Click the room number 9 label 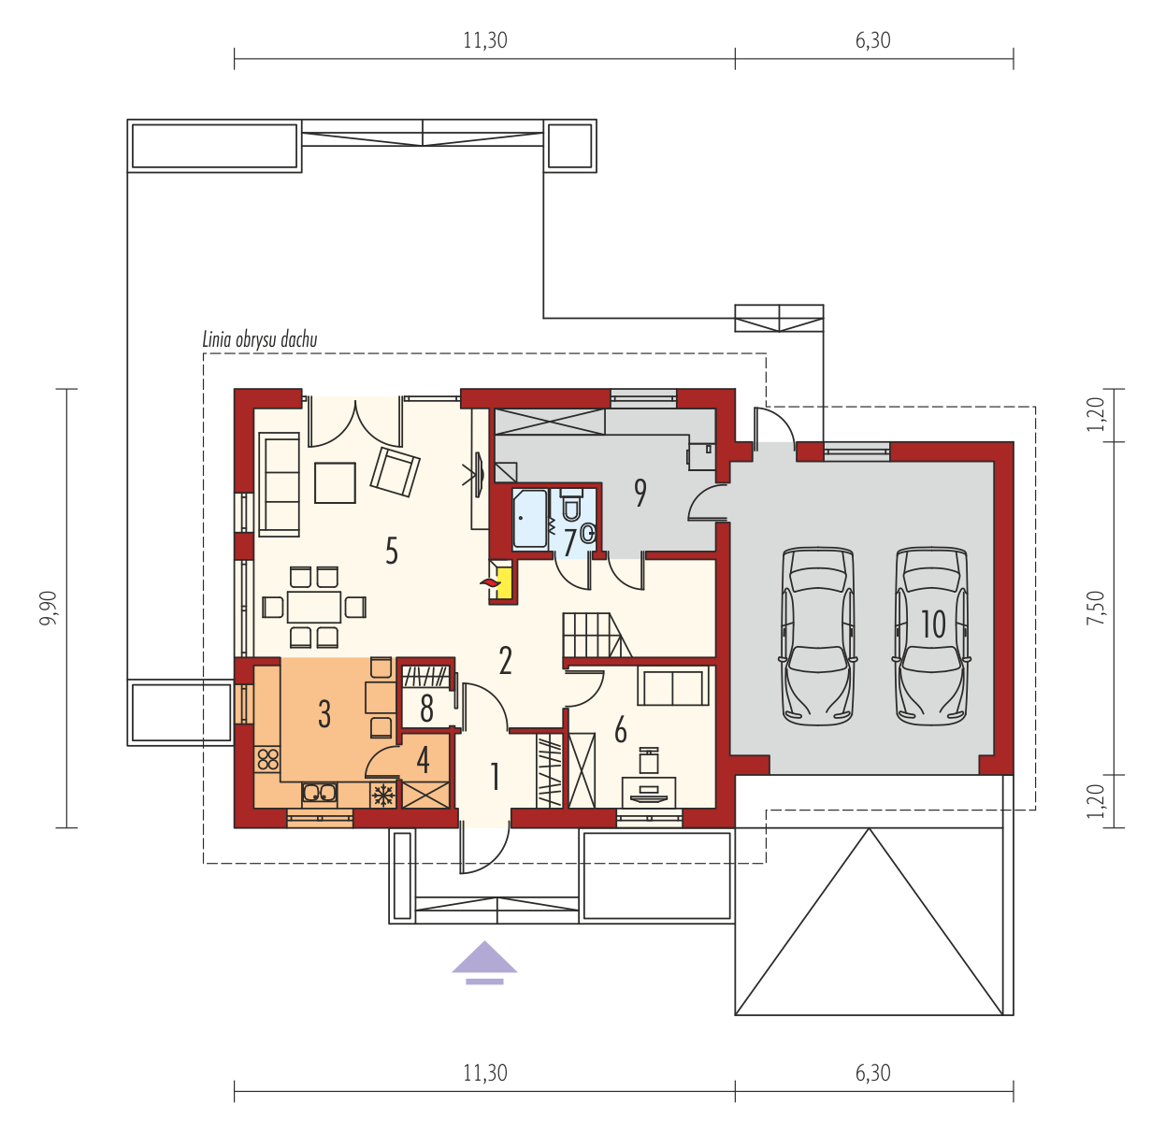click(640, 494)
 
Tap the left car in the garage click(818, 637)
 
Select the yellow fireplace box click(503, 583)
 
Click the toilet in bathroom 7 click(571, 504)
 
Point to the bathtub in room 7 click(530, 518)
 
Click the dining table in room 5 click(314, 607)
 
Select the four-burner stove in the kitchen click(267, 759)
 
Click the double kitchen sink click(319, 794)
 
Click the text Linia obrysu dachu click(260, 339)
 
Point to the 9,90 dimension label click(48, 608)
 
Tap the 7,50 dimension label click(1095, 608)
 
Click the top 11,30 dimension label click(485, 40)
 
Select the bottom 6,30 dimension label click(873, 1073)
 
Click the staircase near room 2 click(597, 635)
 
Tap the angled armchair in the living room click(396, 472)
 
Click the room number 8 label click(426, 710)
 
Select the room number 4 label click(423, 761)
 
